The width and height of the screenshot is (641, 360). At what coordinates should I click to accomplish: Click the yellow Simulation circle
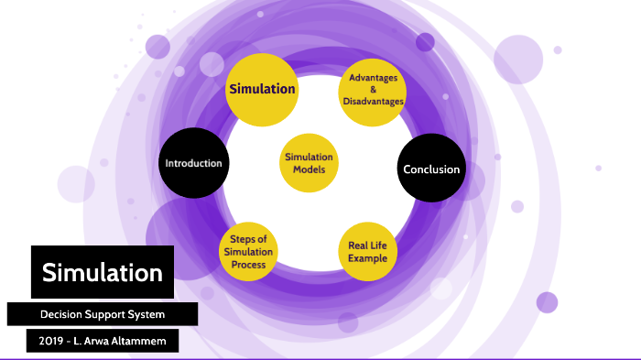(262, 89)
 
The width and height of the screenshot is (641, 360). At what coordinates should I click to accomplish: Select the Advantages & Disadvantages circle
(371, 90)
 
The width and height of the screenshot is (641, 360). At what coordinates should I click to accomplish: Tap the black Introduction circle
(193, 164)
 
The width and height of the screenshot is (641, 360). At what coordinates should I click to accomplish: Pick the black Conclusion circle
(431, 169)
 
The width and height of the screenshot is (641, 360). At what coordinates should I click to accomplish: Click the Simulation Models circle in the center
(309, 164)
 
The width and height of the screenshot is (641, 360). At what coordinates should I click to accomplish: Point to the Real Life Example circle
(367, 251)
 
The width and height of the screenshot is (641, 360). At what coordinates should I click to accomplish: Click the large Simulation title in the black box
(103, 272)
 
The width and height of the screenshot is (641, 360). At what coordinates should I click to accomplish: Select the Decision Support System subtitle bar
(103, 314)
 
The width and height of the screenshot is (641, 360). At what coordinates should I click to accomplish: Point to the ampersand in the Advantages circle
(371, 90)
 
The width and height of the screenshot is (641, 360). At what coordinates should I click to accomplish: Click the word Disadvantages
(371, 102)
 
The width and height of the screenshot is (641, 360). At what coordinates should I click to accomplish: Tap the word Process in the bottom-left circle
(248, 265)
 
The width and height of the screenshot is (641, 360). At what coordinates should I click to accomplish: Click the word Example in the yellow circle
(367, 258)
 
